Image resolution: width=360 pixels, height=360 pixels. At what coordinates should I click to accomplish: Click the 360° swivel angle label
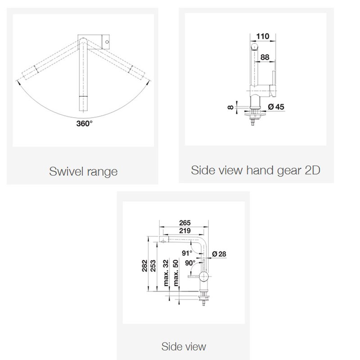[x=84, y=123]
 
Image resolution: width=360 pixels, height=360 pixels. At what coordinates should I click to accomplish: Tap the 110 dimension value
[x=262, y=36]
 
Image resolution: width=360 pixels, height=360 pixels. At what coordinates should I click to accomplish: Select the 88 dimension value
[x=265, y=57]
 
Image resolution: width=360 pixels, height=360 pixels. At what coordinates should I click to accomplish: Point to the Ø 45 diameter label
[x=276, y=107]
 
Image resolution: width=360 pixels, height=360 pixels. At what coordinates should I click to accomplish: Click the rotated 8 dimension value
[x=230, y=107]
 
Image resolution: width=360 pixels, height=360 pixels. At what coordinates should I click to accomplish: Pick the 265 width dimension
[x=185, y=223]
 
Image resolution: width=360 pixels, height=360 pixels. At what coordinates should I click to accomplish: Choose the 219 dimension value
[x=185, y=230]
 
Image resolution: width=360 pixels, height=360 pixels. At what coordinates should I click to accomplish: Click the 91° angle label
[x=187, y=253]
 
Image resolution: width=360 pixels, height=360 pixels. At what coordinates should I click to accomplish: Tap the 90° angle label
[x=190, y=263]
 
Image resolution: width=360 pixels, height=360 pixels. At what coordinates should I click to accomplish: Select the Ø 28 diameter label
[x=219, y=254]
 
